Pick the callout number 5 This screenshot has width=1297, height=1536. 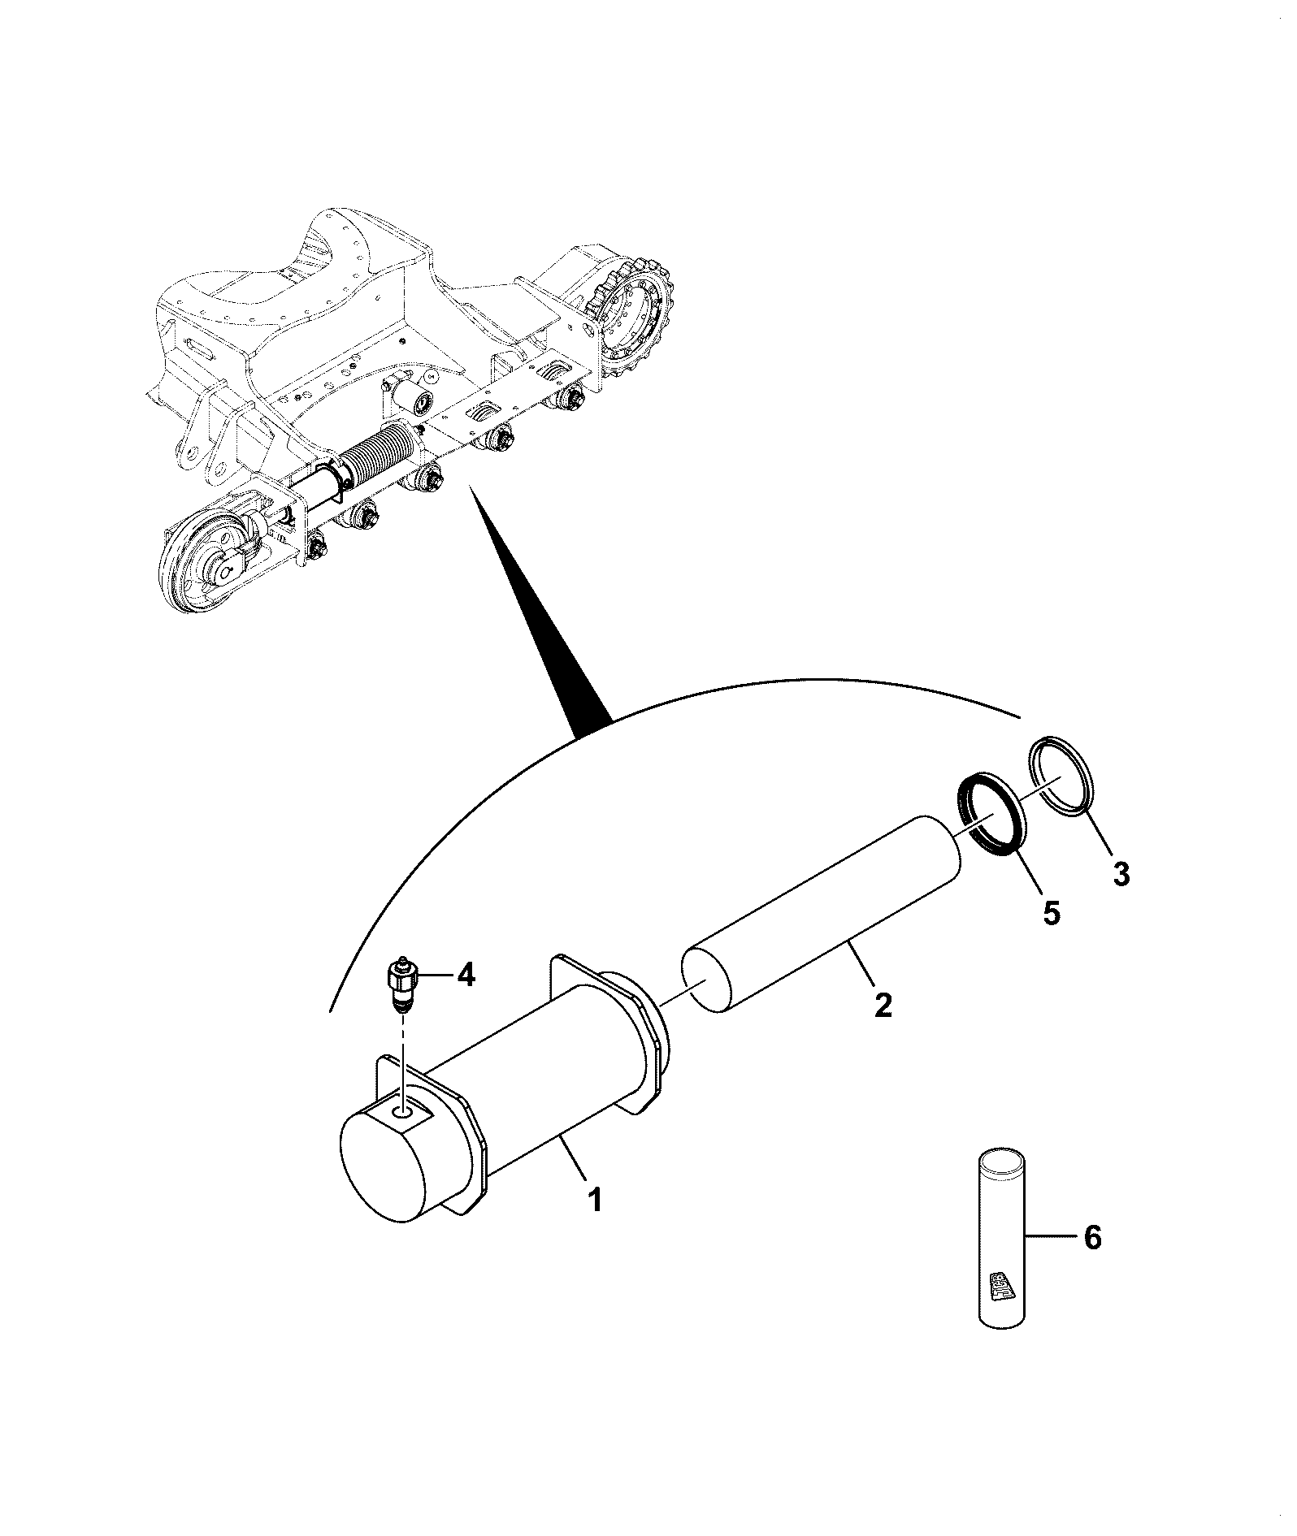point(1051,913)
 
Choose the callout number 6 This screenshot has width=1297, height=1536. point(1092,1261)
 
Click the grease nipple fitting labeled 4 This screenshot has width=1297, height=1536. point(401,985)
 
